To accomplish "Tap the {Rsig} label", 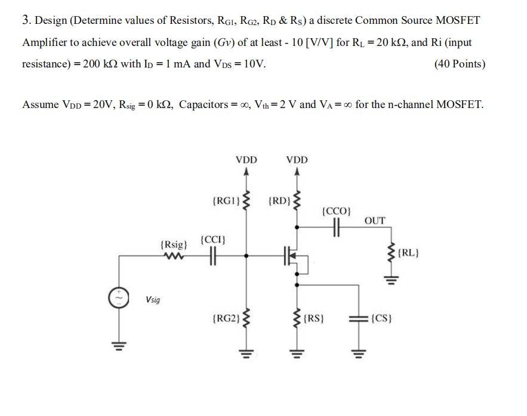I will (x=174, y=245).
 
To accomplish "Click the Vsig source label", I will (x=153, y=300).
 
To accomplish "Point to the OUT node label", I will (x=375, y=221).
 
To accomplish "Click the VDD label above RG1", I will (x=246, y=160).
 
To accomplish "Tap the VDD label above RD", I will (x=297, y=160).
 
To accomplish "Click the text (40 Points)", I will (x=460, y=64).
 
